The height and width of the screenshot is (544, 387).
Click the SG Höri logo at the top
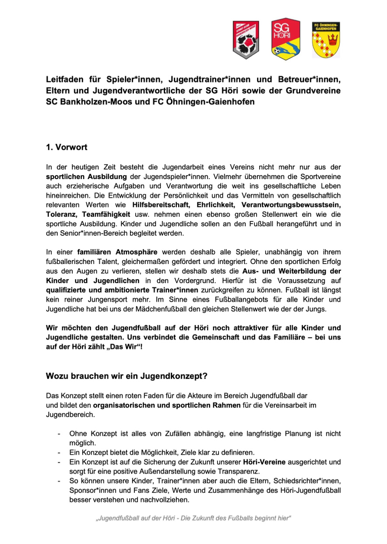point(285,39)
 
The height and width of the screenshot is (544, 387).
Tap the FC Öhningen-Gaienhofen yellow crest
point(326,40)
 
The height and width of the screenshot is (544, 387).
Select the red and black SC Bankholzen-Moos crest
point(245,40)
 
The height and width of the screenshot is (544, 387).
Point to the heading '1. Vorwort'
point(67,147)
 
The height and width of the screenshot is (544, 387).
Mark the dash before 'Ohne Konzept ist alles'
point(59,433)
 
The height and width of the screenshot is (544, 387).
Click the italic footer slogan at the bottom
point(193,519)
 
